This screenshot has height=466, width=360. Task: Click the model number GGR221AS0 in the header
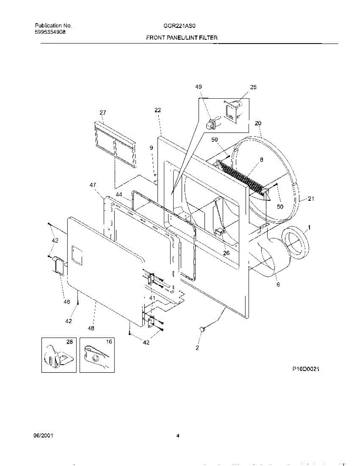coord(179,26)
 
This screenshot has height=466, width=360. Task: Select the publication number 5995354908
coord(50,32)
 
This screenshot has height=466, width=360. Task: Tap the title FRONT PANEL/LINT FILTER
coord(181,38)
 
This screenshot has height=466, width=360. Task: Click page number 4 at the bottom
coord(177,436)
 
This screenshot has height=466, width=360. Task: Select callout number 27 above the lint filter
coord(103,113)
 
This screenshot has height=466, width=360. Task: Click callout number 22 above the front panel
coord(157,110)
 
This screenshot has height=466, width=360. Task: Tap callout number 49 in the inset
coord(198,87)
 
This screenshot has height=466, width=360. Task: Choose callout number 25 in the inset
coord(253,87)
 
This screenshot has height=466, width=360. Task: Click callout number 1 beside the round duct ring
coord(310,227)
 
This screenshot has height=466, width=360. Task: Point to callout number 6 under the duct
coord(278,285)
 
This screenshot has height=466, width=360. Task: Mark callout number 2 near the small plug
coord(197,348)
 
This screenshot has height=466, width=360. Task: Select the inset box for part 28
coord(59,355)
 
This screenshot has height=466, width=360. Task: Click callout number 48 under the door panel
coord(91,329)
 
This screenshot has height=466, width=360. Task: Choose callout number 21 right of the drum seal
coord(311,199)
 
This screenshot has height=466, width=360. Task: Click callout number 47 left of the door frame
coord(93,186)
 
